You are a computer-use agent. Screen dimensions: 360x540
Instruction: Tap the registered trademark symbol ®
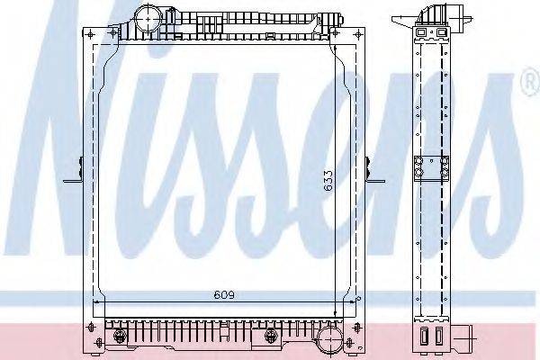pyautogui.click(x=529, y=85)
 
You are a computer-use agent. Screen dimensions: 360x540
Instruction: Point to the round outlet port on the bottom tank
pyautogui.click(x=329, y=339)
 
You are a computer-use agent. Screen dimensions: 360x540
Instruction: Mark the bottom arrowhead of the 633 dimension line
pyautogui.click(x=337, y=310)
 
